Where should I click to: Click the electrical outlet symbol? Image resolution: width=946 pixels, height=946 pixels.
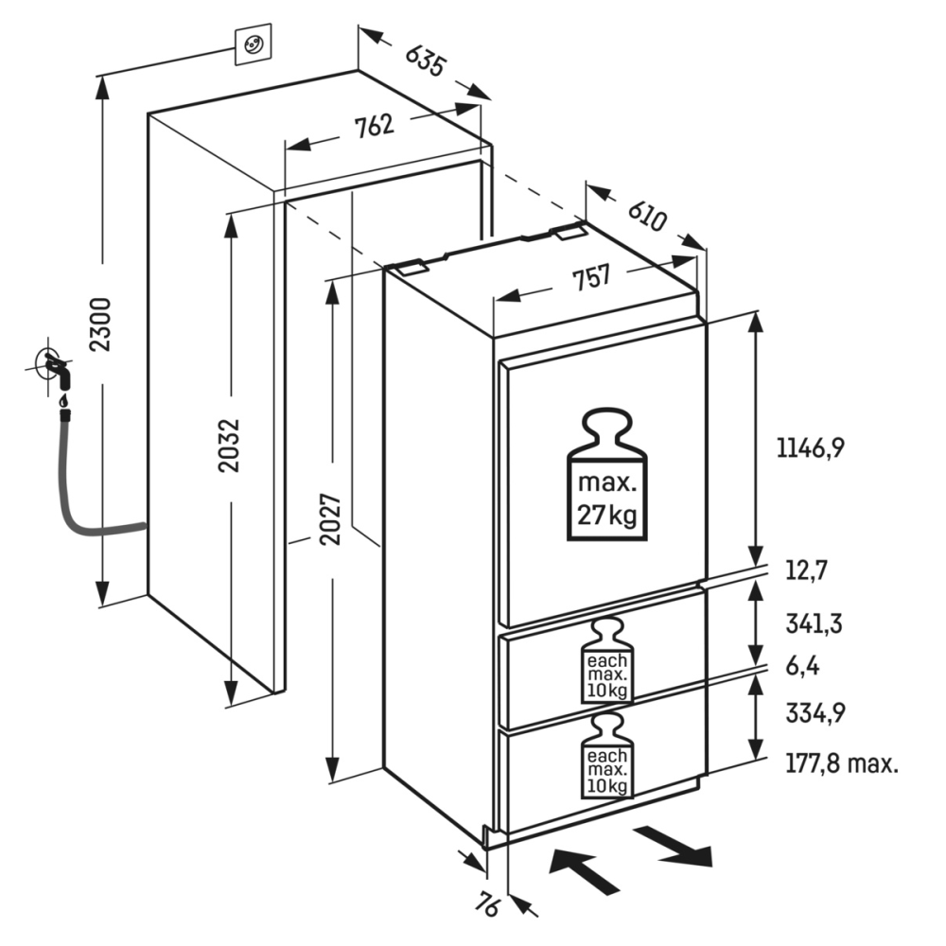pos(253,44)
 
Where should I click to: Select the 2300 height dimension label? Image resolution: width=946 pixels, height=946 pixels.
pos(102,324)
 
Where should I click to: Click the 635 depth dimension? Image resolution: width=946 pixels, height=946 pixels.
pos(425,62)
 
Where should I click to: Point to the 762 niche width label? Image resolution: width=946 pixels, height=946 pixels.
pos(376,127)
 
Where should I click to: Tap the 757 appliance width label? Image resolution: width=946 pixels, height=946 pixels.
pos(590,277)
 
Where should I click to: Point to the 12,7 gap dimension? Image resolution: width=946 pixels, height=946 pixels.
pos(806,570)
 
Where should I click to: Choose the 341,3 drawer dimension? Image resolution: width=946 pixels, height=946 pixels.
pos(815,623)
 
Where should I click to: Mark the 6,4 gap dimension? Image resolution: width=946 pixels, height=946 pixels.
pos(801,666)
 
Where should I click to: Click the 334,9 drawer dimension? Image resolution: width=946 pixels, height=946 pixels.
pos(815,714)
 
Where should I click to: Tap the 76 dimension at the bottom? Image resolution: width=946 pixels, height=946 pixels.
pos(488,905)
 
